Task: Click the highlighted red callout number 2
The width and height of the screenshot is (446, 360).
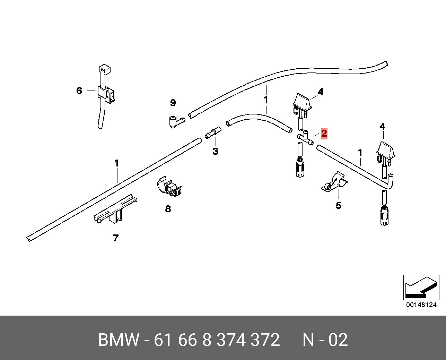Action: (324, 133)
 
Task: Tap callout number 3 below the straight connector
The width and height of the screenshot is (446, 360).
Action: (215, 151)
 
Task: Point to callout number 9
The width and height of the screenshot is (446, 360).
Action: (173, 103)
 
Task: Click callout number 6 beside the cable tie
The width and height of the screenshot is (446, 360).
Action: (79, 91)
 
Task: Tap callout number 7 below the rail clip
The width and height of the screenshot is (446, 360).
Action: (116, 238)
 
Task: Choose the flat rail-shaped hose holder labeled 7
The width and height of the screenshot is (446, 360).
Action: (115, 210)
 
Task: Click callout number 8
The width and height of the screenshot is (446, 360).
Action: (168, 209)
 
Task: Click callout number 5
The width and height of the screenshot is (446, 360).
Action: (338, 205)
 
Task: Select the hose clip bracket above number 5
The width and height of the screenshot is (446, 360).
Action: (334, 182)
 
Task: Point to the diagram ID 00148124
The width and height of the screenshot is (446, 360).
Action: (421, 305)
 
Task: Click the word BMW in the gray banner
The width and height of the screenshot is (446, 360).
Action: (119, 340)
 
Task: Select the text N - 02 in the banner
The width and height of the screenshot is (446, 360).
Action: (325, 340)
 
